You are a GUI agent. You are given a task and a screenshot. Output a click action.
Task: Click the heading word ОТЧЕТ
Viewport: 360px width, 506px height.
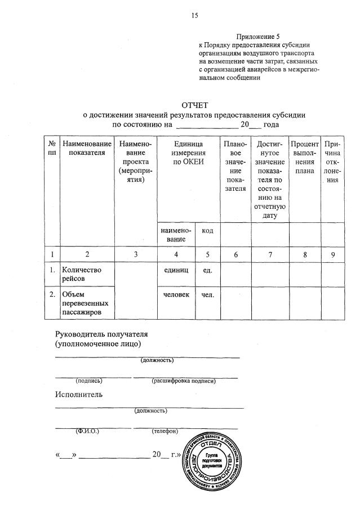point(194,105)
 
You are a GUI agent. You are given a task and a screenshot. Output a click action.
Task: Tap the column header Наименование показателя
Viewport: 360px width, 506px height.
point(87,150)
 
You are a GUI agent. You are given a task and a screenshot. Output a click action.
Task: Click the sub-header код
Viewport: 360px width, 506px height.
point(207,231)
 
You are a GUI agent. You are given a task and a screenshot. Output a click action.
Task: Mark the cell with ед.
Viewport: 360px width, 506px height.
point(207,270)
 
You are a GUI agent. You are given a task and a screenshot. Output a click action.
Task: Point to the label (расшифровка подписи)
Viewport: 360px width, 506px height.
point(184,381)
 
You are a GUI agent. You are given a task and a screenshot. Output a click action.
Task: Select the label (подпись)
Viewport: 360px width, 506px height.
point(89,381)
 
